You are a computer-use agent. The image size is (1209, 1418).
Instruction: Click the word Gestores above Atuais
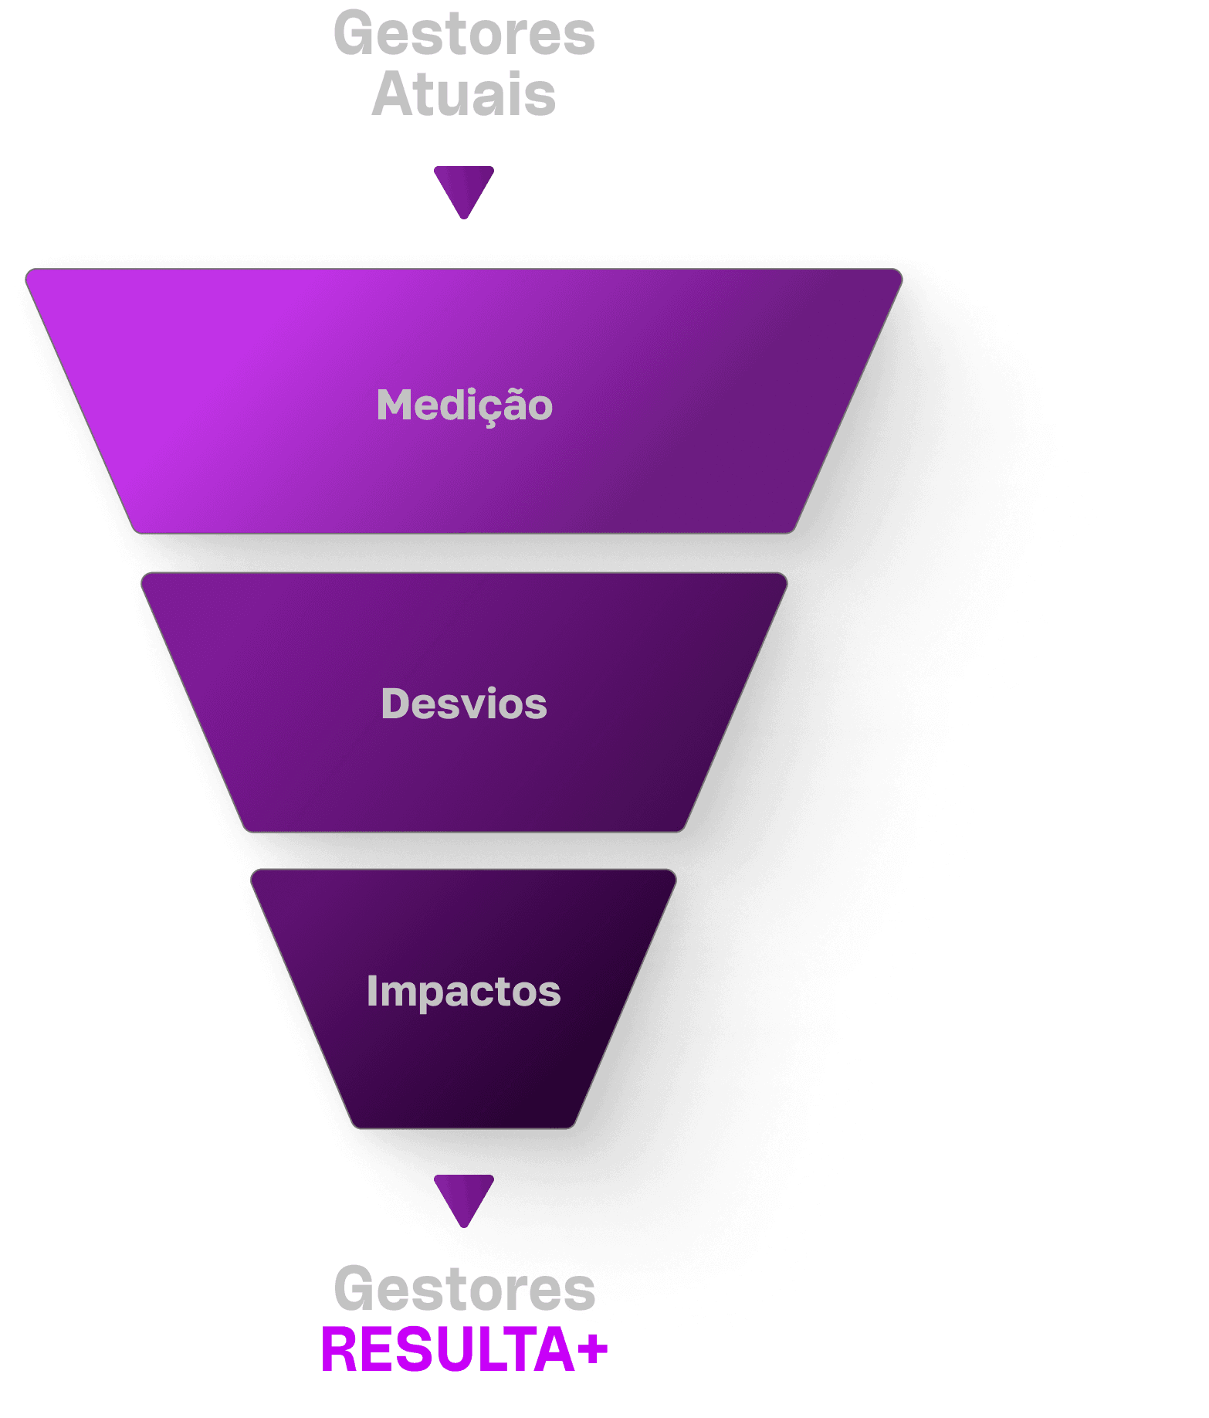464,34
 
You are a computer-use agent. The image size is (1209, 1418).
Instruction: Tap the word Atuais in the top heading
464,94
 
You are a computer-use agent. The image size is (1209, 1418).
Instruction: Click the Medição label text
464,405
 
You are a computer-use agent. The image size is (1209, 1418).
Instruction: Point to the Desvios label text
464,704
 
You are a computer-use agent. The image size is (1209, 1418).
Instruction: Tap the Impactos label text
464,992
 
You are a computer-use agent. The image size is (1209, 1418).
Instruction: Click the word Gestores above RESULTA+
465,1290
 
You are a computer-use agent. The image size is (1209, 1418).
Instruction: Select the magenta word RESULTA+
465,1350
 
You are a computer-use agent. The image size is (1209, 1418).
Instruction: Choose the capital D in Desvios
396,704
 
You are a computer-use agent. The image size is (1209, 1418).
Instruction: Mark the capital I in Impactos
371,991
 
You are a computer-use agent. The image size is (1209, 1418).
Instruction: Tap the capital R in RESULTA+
338,1350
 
